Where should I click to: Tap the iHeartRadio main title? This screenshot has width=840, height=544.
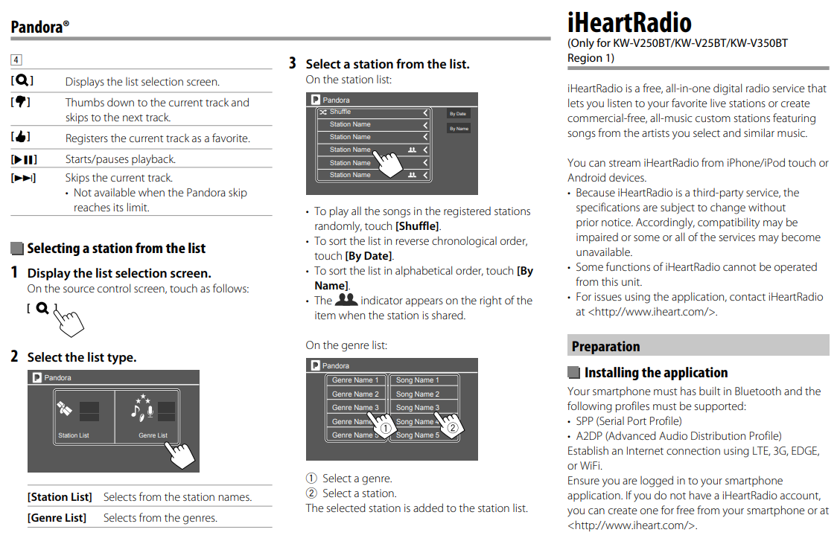(x=629, y=22)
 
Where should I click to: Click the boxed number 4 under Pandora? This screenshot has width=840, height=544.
(x=16, y=60)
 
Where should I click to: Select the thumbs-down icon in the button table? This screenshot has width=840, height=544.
(x=22, y=102)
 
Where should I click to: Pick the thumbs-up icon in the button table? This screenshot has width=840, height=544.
(x=22, y=138)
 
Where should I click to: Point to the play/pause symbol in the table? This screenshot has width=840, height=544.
(x=23, y=159)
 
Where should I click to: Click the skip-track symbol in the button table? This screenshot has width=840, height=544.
(x=23, y=178)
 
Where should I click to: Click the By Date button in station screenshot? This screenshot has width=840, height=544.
(x=457, y=114)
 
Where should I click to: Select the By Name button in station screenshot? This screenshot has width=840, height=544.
(x=458, y=129)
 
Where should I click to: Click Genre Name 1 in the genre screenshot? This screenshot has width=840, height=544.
(x=355, y=380)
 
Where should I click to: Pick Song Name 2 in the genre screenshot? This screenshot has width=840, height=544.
(x=418, y=394)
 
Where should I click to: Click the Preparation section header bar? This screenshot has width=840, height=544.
(x=698, y=345)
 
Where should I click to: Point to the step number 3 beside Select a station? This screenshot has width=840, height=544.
(x=293, y=63)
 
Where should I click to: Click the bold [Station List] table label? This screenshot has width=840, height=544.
(x=60, y=496)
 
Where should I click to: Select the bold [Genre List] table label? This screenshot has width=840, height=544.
(x=57, y=517)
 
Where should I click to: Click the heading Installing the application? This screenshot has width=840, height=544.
(x=655, y=372)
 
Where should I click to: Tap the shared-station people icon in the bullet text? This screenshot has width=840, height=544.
(x=346, y=300)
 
